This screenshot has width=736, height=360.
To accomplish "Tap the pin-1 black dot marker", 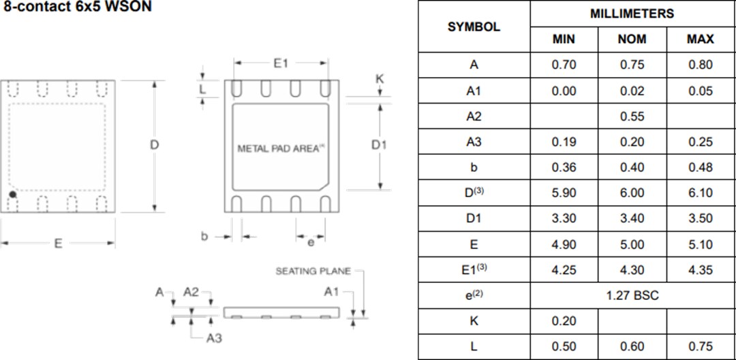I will pyautogui.click(x=12, y=195).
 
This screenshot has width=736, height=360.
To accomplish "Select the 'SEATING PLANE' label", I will pyautogui.click(x=313, y=271).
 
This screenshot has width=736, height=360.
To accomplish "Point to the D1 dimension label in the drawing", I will pyautogui.click(x=379, y=145).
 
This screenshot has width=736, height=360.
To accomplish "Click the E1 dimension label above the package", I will pyautogui.click(x=281, y=63).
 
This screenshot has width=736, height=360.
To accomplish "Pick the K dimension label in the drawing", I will pyautogui.click(x=380, y=79).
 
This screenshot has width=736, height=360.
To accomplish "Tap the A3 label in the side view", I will pyautogui.click(x=214, y=337).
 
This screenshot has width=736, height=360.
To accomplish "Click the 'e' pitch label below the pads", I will pyautogui.click(x=311, y=241).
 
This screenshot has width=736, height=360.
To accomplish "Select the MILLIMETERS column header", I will pyautogui.click(x=632, y=14).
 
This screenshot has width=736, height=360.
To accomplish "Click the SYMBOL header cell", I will pyautogui.click(x=474, y=27).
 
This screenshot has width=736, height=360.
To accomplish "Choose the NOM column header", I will pyautogui.click(x=632, y=40).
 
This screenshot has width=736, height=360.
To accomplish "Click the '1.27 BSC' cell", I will pyautogui.click(x=632, y=296).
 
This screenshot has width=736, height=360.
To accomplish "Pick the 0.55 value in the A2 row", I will pyautogui.click(x=632, y=117).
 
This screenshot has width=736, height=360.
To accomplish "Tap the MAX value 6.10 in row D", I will pyautogui.click(x=700, y=194).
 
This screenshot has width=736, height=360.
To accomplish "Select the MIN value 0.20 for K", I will pyautogui.click(x=564, y=321).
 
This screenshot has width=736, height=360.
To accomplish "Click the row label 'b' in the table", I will pyautogui.click(x=474, y=168).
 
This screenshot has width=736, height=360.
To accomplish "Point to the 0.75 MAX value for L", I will pyautogui.click(x=700, y=347).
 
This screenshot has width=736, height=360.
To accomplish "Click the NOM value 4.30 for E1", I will pyautogui.click(x=632, y=270).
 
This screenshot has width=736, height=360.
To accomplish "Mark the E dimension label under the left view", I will pyautogui.click(x=58, y=244).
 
